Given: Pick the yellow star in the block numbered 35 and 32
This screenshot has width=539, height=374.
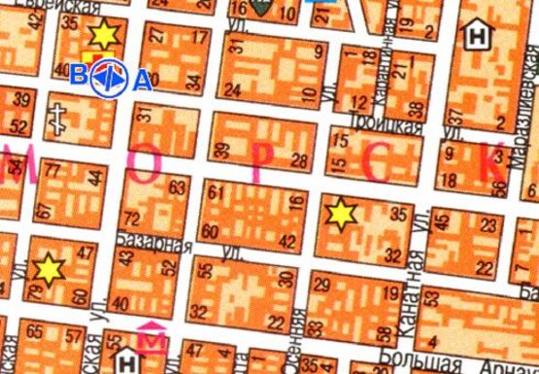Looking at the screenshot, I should coord(341,214).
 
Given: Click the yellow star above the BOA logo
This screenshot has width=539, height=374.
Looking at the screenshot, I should coord(102,36).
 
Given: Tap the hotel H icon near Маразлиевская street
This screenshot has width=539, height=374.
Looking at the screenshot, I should coord(477,36).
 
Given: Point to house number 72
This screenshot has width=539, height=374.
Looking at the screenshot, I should coord(132,216).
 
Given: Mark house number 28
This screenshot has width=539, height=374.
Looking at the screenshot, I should coord(299,159).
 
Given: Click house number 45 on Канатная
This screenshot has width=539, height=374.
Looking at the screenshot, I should coord(443,222).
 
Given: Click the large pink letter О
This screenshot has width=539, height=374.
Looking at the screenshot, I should coord(147,166).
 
